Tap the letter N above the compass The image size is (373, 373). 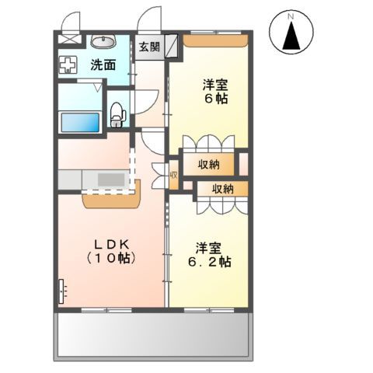[x=291, y=15]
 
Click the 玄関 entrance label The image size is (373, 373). [x=150, y=47]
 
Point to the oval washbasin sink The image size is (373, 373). [x=103, y=42]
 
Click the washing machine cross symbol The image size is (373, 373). [x=68, y=66]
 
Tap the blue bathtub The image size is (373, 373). [x=80, y=123]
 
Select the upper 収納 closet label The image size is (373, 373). [x=207, y=164]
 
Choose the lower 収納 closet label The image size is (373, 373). [x=222, y=189]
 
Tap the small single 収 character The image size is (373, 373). [x=173, y=176]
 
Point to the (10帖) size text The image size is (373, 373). [x=111, y=257]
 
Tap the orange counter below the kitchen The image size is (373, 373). [x=110, y=198]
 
